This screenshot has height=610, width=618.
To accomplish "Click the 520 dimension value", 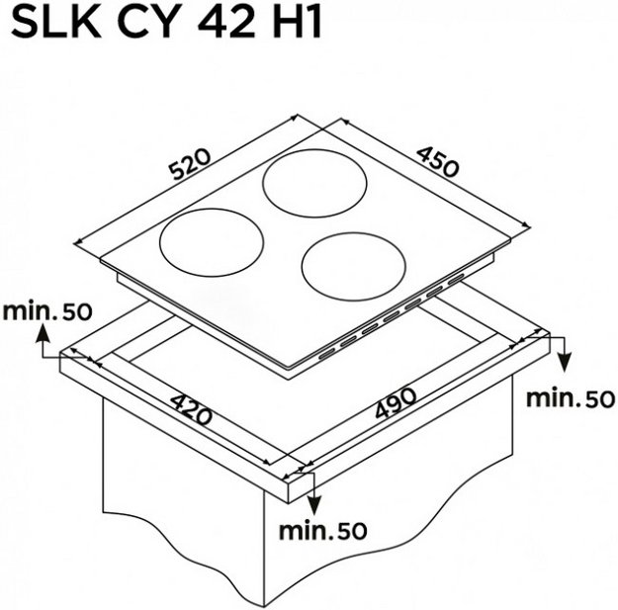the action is [x=191, y=164].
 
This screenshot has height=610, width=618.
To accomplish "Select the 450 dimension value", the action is [x=438, y=161].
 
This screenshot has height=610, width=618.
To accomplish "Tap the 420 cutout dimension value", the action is [x=192, y=410].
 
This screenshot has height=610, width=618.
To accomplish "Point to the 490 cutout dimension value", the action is [x=396, y=403].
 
